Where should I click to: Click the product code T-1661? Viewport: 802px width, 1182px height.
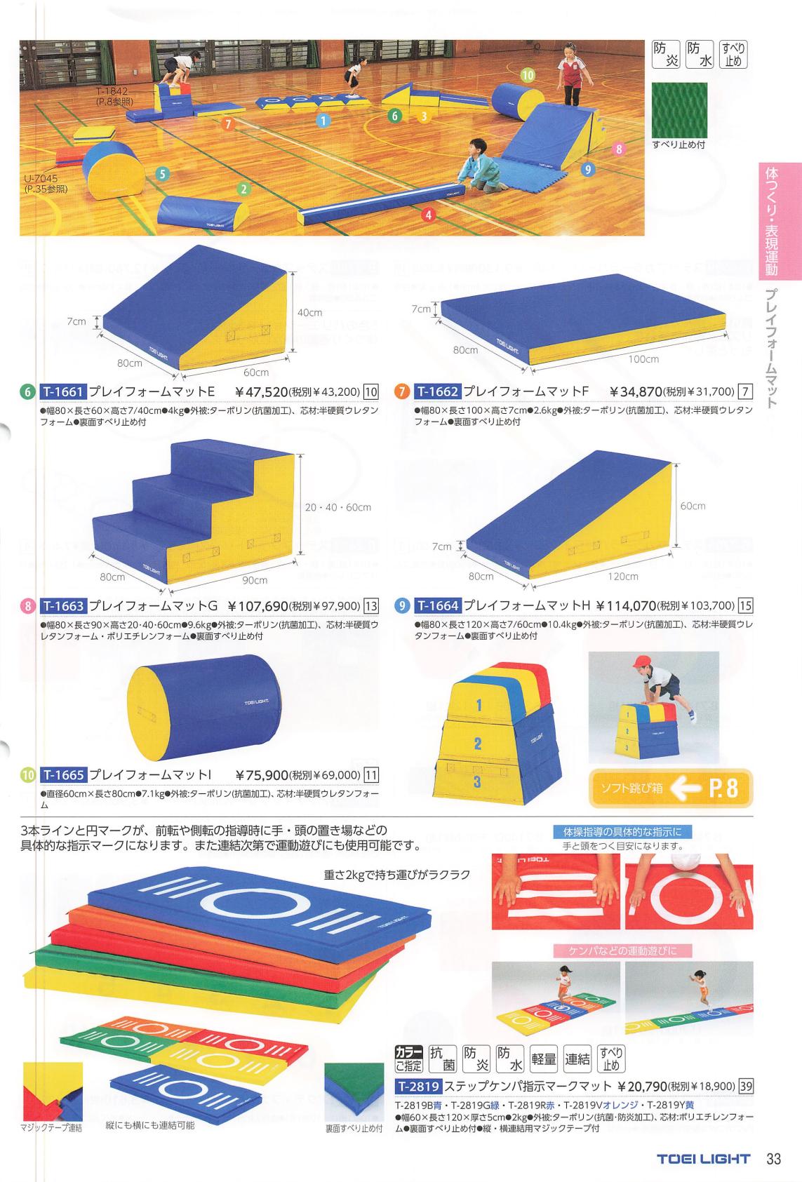pos(62,391)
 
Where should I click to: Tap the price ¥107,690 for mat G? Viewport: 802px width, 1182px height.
pos(258,606)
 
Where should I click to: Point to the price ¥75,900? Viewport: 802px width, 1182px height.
pos(262,775)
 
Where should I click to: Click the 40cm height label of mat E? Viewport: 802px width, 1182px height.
pos(310,313)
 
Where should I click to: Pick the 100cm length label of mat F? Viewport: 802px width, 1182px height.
pos(643,359)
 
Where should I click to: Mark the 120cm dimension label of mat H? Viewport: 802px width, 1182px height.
pos(623,577)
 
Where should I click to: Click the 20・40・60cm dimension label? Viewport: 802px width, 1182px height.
pos(338,508)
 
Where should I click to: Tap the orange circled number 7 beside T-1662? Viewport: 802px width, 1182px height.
pos(402,392)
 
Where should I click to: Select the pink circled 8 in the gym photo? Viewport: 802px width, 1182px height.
pos(620,149)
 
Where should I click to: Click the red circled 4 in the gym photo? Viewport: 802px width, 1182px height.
pos(428,215)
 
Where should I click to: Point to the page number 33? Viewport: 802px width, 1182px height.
pos(773,1159)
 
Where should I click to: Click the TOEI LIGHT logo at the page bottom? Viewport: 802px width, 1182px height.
pos(703,1160)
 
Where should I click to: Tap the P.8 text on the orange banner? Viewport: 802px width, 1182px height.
pos(723,788)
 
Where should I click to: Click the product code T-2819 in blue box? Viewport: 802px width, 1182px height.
pos(418,1087)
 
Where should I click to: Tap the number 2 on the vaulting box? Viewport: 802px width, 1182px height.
pos(477,744)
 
